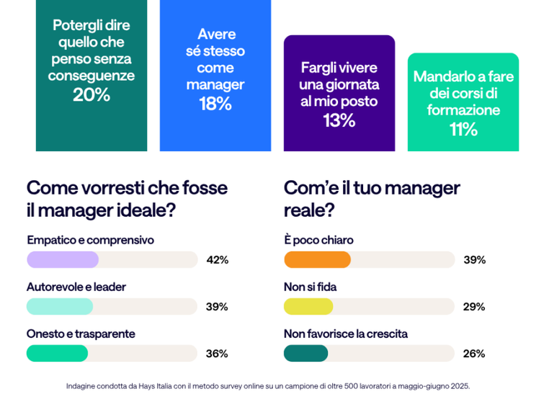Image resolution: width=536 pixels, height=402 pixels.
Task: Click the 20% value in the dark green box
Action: coord(91,94)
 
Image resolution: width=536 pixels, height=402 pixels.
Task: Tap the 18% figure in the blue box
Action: coord(215,104)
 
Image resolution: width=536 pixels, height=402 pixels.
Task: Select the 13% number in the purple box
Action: coord(339,120)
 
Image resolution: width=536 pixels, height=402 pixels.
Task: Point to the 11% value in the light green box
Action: coord(463,129)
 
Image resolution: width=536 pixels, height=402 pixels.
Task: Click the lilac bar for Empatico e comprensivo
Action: coord(63,259)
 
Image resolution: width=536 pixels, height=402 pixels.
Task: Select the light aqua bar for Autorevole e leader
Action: coord(60,306)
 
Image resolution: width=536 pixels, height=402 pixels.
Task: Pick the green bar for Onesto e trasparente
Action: coord(57,353)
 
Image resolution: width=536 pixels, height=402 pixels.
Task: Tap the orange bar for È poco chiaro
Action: coord(317,259)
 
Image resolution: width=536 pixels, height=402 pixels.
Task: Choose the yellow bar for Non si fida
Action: coord(308,306)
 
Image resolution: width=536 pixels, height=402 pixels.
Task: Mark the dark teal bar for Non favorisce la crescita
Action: coord(305,353)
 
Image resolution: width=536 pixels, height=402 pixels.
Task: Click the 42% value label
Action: coord(217,260)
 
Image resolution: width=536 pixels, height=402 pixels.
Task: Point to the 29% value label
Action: coord(474,307)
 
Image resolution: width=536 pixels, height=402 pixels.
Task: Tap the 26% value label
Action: coord(474,354)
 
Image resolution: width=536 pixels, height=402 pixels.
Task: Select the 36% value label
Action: coord(217,354)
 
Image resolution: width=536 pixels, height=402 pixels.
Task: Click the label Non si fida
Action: coord(310,287)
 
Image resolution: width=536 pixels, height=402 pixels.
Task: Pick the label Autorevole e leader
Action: coord(76,287)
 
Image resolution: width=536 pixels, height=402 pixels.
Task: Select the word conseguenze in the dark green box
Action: coord(91,75)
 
